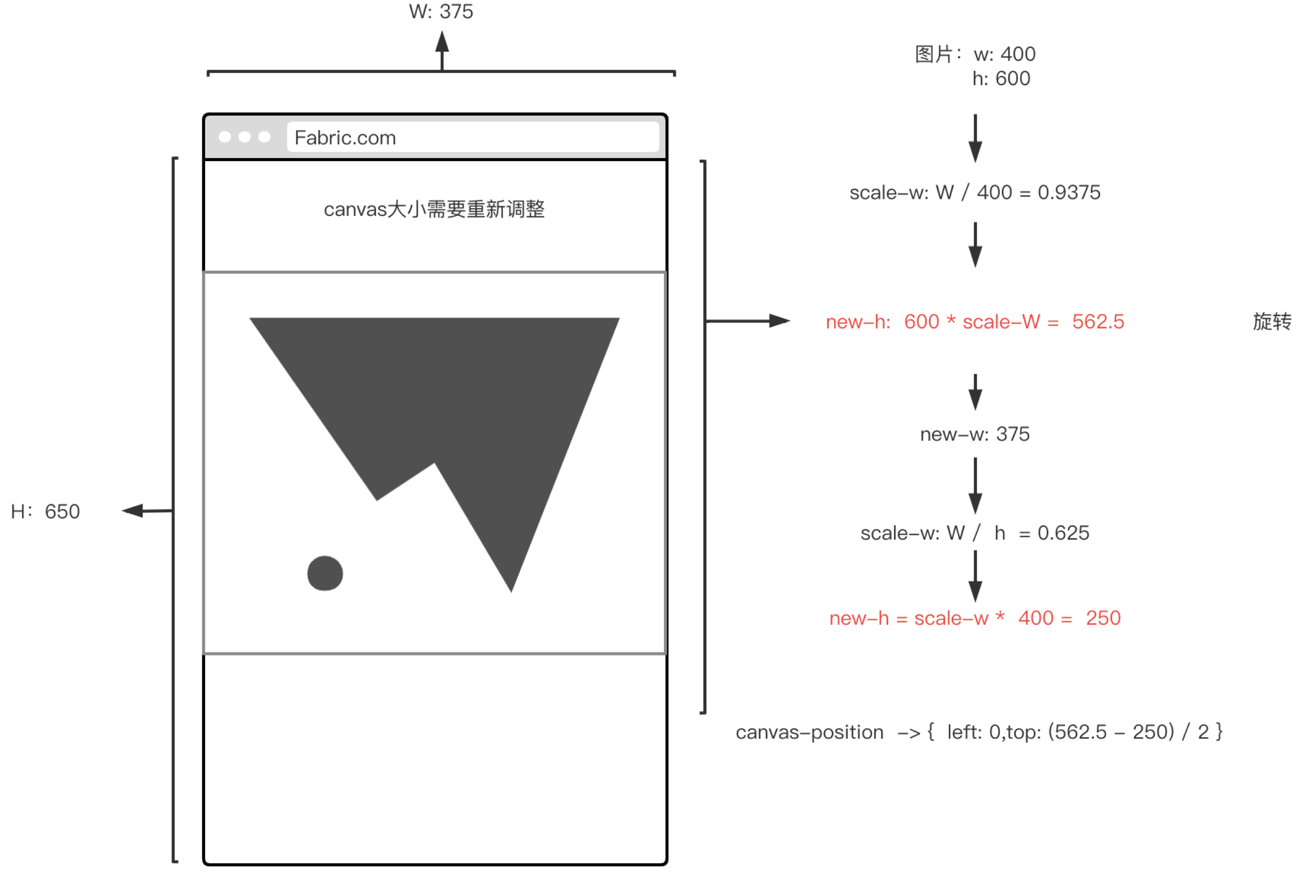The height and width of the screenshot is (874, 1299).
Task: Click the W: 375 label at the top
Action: tap(440, 11)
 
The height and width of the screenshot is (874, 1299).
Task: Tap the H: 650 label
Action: tap(45, 511)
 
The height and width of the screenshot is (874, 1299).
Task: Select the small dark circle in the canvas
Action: tap(325, 573)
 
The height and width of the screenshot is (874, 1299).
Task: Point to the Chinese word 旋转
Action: tap(1272, 322)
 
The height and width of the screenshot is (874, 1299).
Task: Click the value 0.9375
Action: tap(1069, 192)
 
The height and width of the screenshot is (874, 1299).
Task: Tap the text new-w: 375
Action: tap(975, 434)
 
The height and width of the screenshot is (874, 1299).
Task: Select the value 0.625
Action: tap(1063, 533)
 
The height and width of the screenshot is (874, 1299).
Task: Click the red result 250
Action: tap(1103, 618)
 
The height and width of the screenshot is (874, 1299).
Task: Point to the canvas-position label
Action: tap(810, 732)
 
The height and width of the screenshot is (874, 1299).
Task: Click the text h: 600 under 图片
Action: tap(1001, 79)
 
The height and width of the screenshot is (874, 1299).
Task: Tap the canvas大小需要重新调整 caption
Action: tap(435, 209)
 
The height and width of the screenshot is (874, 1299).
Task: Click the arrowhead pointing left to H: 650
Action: tap(133, 510)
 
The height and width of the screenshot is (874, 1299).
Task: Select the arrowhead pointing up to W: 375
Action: tap(442, 42)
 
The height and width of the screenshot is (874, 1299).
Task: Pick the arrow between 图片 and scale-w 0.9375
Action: tap(975, 138)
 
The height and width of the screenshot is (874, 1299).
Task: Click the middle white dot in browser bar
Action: tap(244, 136)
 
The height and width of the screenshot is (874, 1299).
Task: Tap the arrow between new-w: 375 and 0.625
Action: tap(975, 486)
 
